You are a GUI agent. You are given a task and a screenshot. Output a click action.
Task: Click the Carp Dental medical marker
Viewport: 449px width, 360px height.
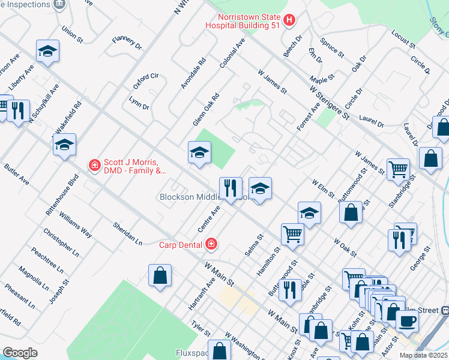(211, 244)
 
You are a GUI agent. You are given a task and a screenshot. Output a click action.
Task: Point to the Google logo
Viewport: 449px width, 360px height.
(20, 353)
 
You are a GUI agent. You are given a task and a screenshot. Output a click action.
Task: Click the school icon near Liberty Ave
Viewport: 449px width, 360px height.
(47, 52)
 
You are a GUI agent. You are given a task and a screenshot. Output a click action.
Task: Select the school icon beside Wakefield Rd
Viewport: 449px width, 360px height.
(64, 145)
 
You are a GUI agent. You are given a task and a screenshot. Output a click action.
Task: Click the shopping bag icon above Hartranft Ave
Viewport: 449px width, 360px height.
(160, 275)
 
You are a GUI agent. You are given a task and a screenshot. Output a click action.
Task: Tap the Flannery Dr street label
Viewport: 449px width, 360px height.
(127, 42)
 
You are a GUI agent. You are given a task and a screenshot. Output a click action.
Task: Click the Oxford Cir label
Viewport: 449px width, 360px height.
(145, 77)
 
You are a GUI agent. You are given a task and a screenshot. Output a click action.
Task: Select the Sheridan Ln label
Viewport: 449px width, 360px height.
(127, 233)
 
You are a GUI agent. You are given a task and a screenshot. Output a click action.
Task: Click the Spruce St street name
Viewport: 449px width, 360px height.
(332, 49)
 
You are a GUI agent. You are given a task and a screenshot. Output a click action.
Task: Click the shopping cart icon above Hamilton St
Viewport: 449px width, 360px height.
(292, 234)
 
